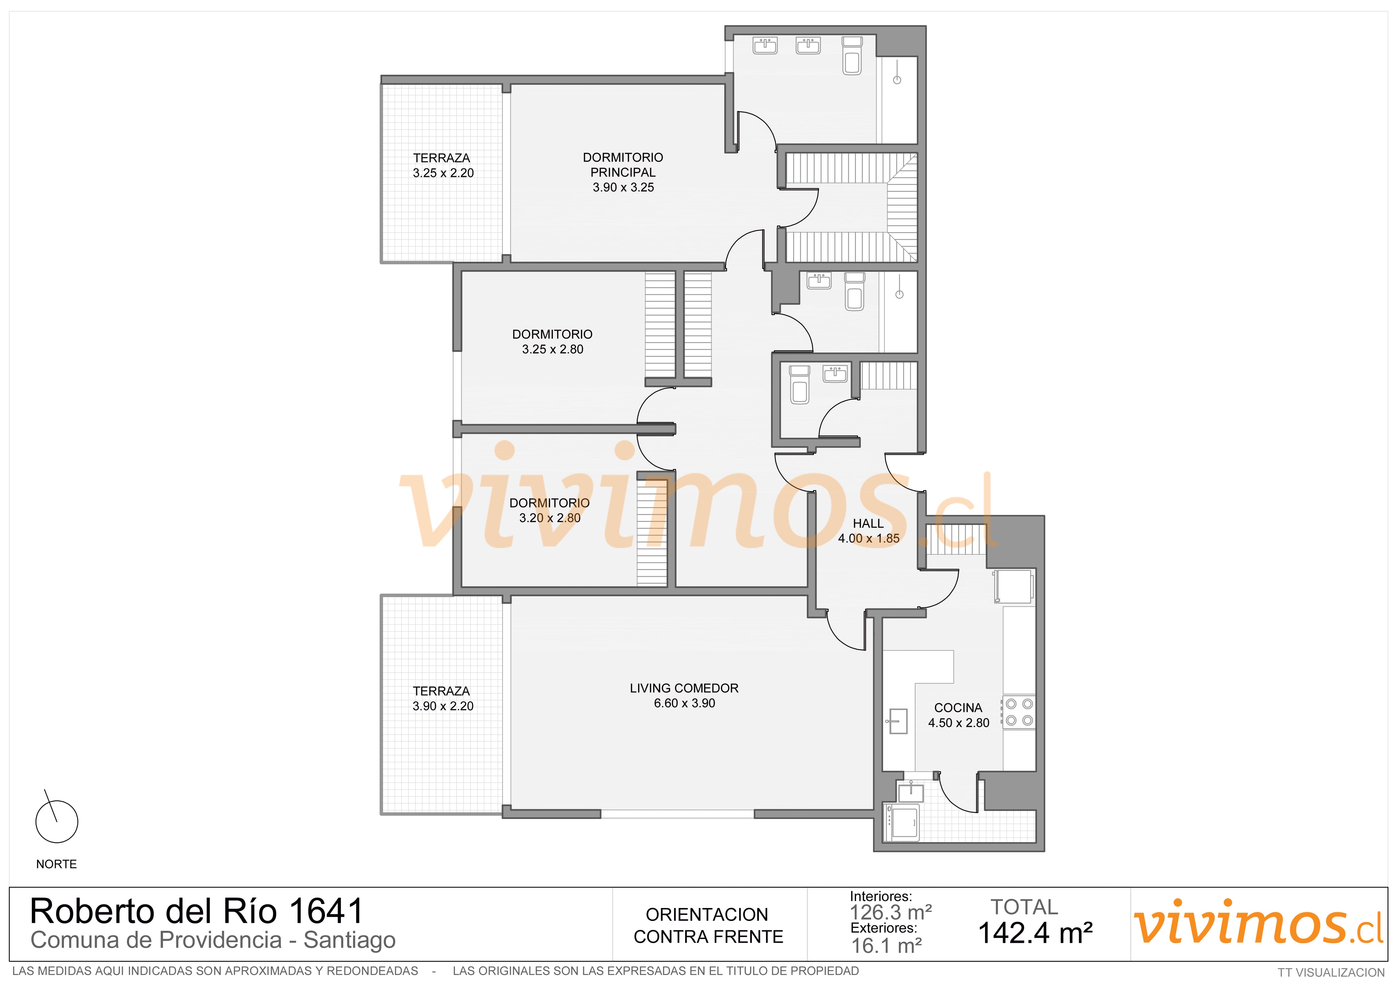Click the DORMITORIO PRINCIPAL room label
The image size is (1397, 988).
[623, 165]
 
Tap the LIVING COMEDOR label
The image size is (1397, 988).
[684, 688]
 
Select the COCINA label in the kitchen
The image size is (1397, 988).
[958, 707]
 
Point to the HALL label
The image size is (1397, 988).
[868, 523]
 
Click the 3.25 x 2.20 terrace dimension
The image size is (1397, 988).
[443, 173]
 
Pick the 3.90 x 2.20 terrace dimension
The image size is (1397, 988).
[443, 706]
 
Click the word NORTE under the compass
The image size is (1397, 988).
[57, 864]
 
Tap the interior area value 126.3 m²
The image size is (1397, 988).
[891, 913]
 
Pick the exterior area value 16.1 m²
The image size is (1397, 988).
[886, 945]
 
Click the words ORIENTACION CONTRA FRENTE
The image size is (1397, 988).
[708, 925]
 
